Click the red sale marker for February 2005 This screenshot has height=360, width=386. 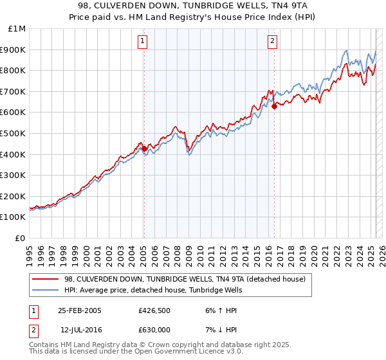click(x=144, y=148)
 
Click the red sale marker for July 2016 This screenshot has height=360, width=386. click(x=274, y=106)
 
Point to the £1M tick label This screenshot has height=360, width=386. click(x=17, y=29)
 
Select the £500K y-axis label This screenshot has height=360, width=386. click(x=14, y=134)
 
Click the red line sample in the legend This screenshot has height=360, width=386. click(x=45, y=279)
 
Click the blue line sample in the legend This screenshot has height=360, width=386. click(x=45, y=290)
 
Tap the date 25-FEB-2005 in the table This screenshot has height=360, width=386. click(x=80, y=310)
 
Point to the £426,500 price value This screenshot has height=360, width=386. click(x=154, y=310)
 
